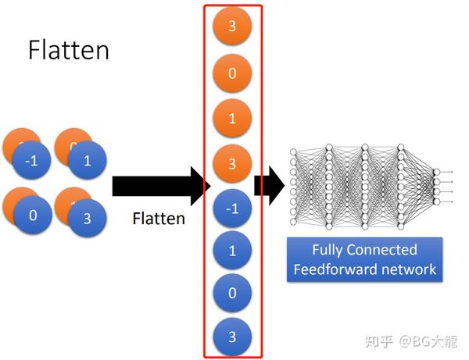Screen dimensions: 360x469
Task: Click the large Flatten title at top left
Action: click(69, 50)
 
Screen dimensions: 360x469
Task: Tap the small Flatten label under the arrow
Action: click(159, 219)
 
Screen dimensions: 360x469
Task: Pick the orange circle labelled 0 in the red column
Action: click(232, 75)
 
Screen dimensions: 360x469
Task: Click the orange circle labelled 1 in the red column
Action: click(232, 119)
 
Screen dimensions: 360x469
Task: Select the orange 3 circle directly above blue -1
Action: click(232, 164)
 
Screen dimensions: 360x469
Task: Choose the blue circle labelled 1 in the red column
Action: click(232, 251)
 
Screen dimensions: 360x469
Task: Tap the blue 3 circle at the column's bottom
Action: click(232, 337)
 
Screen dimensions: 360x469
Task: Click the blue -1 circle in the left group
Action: click(31, 162)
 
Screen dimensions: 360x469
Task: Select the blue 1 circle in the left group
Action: click(86, 162)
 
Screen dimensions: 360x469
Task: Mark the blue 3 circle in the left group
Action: click(86, 219)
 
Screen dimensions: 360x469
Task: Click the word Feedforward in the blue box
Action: click(331, 270)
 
